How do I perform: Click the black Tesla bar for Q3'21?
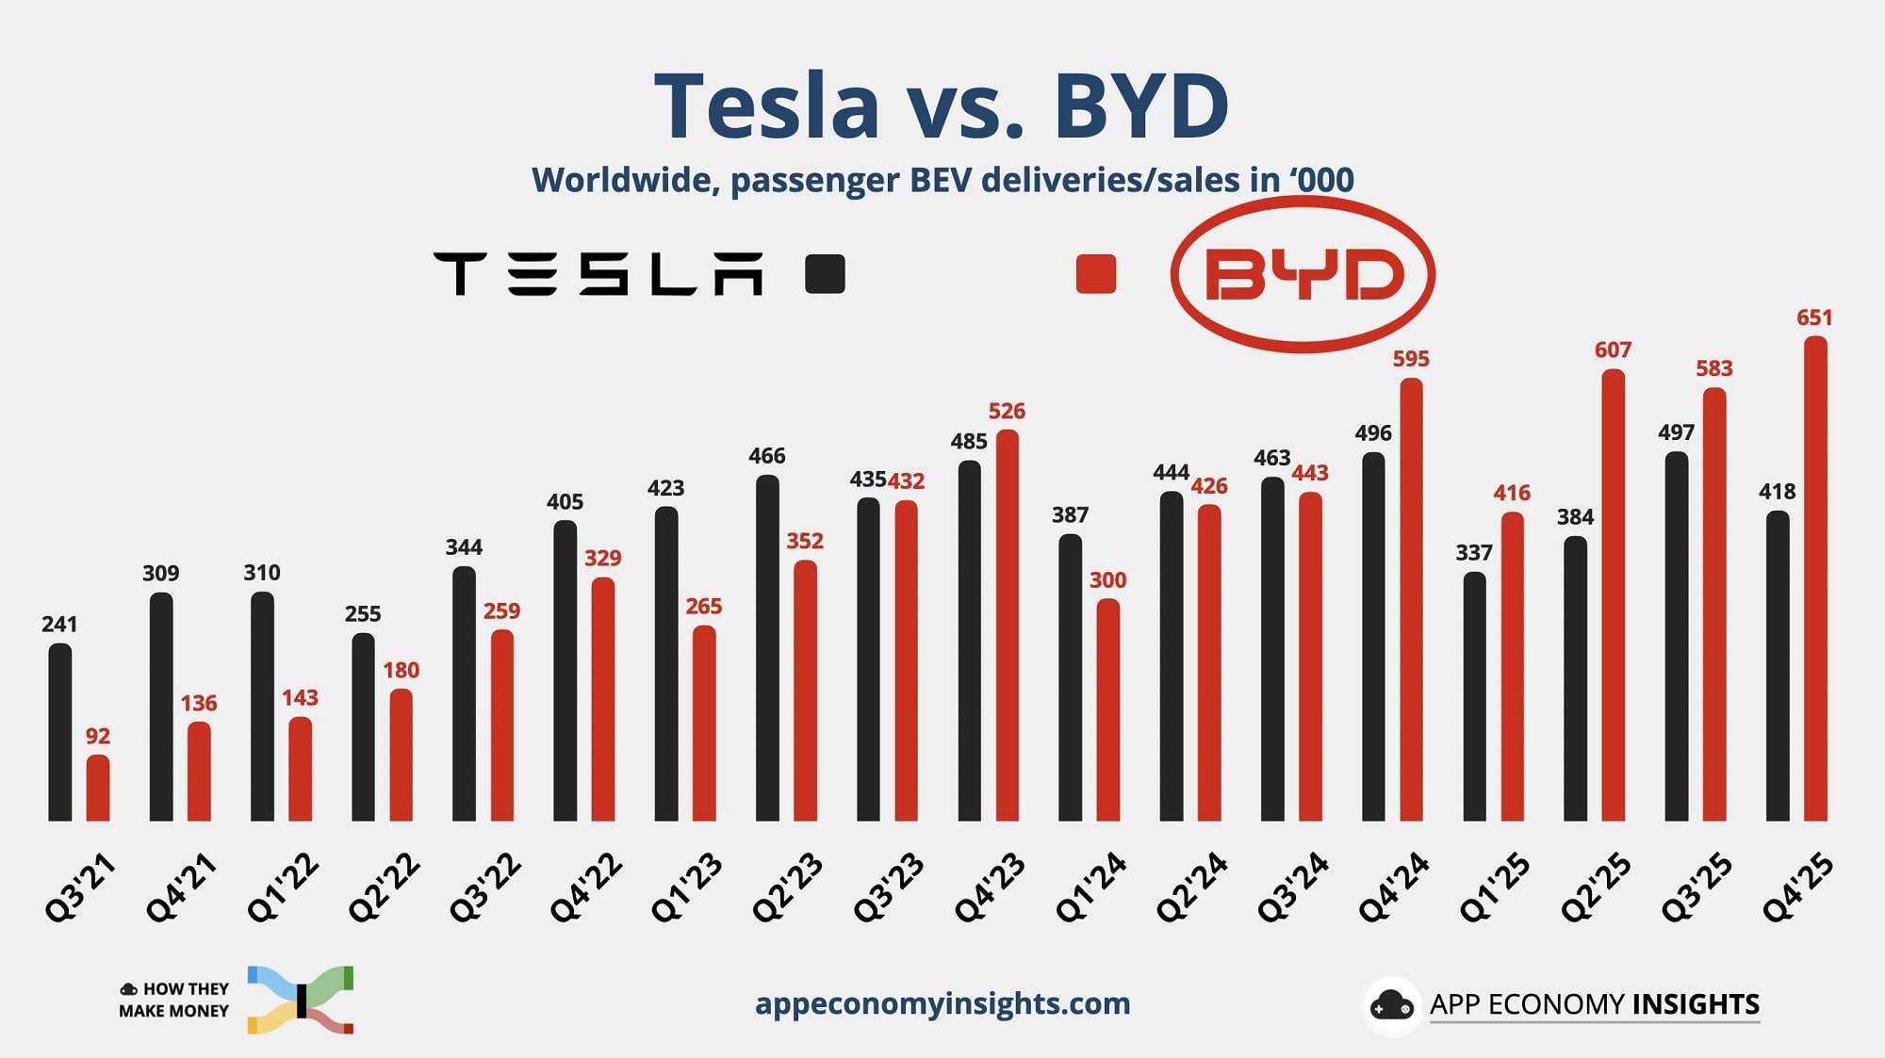pyautogui.click(x=59, y=732)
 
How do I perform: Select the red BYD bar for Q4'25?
pyautogui.click(x=1815, y=578)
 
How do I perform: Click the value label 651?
pyautogui.click(x=1814, y=318)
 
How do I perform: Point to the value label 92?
pyautogui.click(x=98, y=737)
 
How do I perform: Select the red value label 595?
pyautogui.click(x=1411, y=359)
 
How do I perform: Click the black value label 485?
pyautogui.click(x=969, y=442)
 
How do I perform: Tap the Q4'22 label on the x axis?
pyautogui.click(x=585, y=887)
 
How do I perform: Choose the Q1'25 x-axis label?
pyautogui.click(x=1495, y=887)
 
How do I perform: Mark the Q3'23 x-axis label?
pyautogui.click(x=888, y=887)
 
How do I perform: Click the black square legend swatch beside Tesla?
pyautogui.click(x=825, y=274)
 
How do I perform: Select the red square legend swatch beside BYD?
pyautogui.click(x=1095, y=274)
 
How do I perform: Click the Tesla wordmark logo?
pyautogui.click(x=598, y=274)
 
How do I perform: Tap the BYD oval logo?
pyautogui.click(x=1303, y=274)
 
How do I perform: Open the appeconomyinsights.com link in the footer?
pyautogui.click(x=942, y=1003)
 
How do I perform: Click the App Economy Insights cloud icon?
pyautogui.click(x=1391, y=1005)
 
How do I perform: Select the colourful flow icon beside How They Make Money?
pyautogui.click(x=301, y=1000)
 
